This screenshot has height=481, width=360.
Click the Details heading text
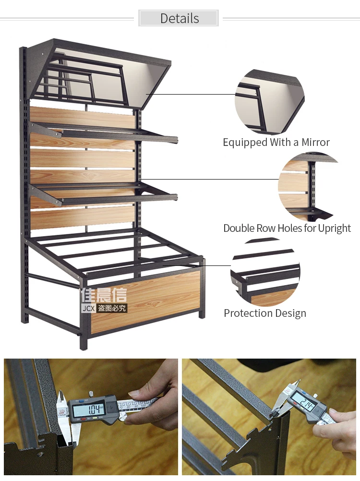point(180,18)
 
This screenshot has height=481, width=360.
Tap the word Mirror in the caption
point(315,143)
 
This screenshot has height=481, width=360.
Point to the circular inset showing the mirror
point(269,102)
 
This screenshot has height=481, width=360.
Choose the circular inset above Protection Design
point(265,272)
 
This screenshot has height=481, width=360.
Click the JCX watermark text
point(88,308)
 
